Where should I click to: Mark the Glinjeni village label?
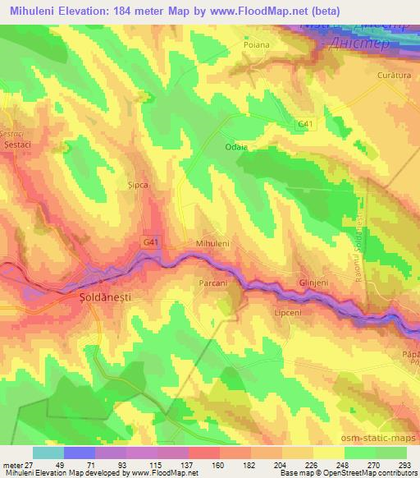coord(313,281)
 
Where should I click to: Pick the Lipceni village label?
coord(287,313)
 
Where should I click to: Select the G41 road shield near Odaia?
coord(306,124)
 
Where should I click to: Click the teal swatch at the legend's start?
coord(49,453)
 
